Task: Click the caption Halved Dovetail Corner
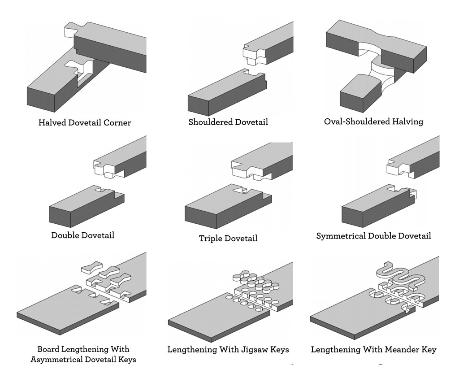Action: [84, 122]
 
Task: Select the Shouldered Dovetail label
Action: [228, 122]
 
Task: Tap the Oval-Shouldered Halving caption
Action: [373, 122]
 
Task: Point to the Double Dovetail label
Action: [82, 235]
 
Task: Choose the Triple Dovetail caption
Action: [228, 239]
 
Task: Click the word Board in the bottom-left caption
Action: [48, 349]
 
